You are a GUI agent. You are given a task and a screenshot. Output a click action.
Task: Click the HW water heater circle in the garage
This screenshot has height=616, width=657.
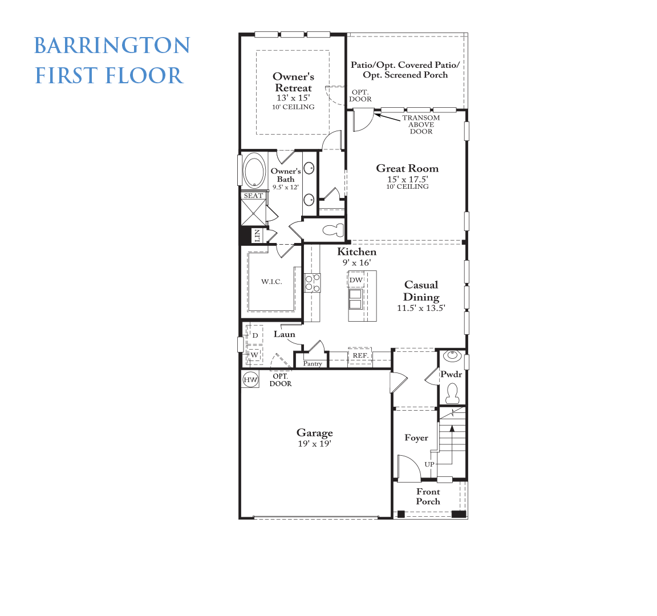coord(250,380)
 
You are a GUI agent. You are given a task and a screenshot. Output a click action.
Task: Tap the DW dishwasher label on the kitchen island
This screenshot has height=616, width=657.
coord(356,280)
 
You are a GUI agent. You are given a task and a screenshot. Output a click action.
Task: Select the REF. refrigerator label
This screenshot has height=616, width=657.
coord(360,355)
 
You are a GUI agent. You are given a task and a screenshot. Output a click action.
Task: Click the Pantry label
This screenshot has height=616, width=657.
coord(313,363)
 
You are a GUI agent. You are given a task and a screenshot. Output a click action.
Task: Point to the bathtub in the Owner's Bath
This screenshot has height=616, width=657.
coord(254,171)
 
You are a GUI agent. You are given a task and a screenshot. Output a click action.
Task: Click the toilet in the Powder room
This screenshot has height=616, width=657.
coord(452,393)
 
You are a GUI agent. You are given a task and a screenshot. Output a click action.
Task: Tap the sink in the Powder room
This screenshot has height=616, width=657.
coord(452,356)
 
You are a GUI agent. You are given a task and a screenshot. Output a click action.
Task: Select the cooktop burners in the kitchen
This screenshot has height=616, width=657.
coord(312,282)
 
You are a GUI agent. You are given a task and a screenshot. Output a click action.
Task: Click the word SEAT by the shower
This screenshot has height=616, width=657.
coord(253,196)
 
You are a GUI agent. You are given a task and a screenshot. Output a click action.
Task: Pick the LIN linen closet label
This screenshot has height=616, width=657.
coord(257,235)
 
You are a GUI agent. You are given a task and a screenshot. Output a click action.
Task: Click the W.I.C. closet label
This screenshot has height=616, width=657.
coord(271,282)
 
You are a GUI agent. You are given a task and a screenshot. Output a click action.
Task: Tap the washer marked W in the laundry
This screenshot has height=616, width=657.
coord(254,355)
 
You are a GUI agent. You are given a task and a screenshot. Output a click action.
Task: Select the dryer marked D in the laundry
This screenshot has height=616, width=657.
coord(255,335)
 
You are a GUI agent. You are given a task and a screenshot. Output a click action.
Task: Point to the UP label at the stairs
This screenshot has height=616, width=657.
coord(429,464)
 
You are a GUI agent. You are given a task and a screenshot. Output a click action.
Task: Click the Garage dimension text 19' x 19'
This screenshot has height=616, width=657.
coord(315,443)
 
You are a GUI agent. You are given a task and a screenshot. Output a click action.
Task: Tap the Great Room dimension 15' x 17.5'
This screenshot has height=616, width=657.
coord(408,179)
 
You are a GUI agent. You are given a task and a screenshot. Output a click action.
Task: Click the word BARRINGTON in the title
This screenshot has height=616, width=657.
coord(112,46)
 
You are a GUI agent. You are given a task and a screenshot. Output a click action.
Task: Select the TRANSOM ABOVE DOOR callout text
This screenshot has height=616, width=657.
coord(421,124)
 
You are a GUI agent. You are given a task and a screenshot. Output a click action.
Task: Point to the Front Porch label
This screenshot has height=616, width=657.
coord(428,497)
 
